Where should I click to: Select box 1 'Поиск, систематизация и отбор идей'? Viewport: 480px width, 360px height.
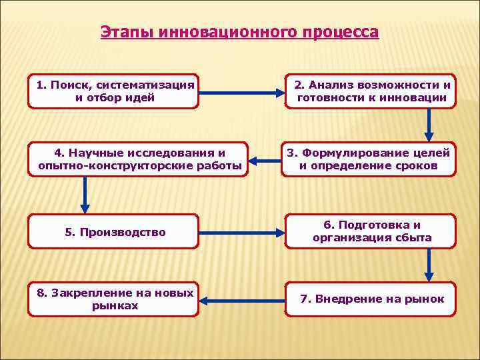pos(113,91)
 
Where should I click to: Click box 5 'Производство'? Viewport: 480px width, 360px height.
pos(113,232)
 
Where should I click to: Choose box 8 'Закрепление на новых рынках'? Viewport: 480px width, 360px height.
pos(113,299)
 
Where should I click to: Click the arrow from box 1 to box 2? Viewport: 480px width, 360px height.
pos(241,92)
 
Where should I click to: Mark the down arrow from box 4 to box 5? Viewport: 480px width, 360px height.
pos(85,195)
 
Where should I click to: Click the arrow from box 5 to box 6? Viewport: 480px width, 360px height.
pos(241,233)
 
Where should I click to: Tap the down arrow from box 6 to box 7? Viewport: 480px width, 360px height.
pos(429,266)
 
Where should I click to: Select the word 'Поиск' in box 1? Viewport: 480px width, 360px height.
pos(69,85)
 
